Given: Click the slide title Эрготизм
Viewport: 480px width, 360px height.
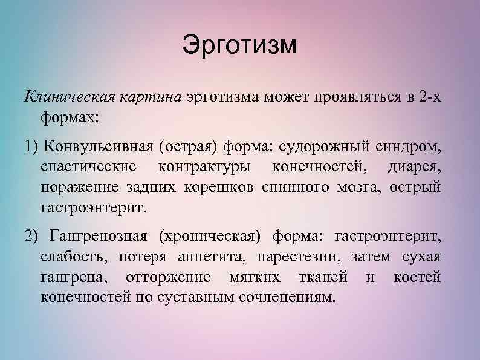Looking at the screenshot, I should click(x=239, y=46).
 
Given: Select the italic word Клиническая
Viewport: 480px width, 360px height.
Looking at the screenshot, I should click(x=65, y=97).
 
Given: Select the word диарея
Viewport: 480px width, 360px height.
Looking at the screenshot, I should click(x=415, y=166).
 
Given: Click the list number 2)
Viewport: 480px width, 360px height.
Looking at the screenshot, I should click(x=31, y=235).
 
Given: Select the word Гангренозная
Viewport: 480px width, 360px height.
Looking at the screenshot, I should click(x=101, y=235).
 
